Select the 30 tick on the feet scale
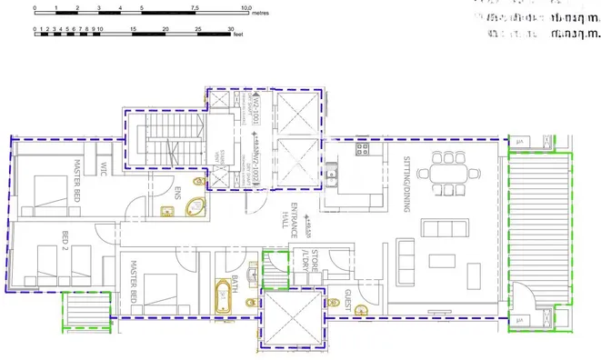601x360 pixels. pos(230,30)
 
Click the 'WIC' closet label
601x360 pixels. pos(104,170)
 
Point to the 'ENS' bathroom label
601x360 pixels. pos(178,194)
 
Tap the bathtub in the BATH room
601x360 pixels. pos(221,297)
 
